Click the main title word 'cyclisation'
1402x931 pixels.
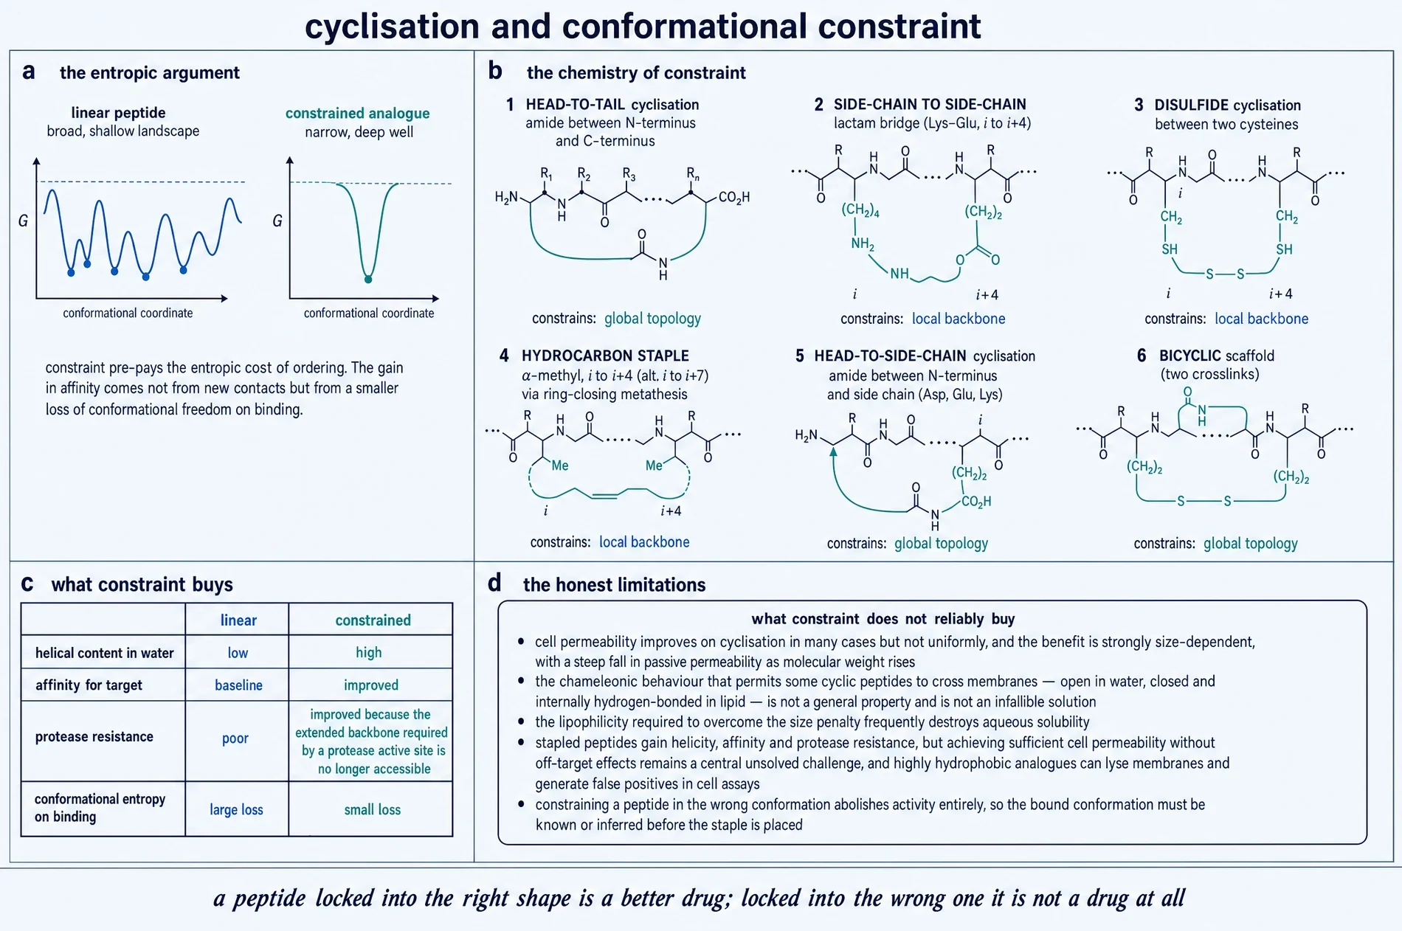point(393,27)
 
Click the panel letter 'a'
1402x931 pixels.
point(29,72)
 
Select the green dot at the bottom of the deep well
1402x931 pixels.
point(368,279)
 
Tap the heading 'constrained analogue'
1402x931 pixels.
point(357,113)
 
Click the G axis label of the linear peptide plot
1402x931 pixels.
point(23,221)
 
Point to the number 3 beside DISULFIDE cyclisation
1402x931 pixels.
point(1139,105)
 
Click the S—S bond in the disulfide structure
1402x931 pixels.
point(1225,274)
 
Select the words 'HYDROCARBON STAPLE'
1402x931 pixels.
point(605,356)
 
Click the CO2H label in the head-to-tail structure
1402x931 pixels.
point(733,197)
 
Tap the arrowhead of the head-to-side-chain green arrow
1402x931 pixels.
point(834,452)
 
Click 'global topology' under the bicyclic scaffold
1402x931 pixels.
point(1250,544)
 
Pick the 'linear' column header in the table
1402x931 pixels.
point(238,620)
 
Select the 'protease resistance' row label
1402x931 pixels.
point(94,736)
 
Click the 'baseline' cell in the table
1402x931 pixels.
point(238,685)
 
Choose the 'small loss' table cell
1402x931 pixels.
point(373,809)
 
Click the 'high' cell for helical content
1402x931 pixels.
point(369,652)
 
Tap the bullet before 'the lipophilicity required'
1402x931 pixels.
point(522,721)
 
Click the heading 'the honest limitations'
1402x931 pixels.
point(614,584)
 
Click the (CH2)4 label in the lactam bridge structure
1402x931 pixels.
point(860,210)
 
